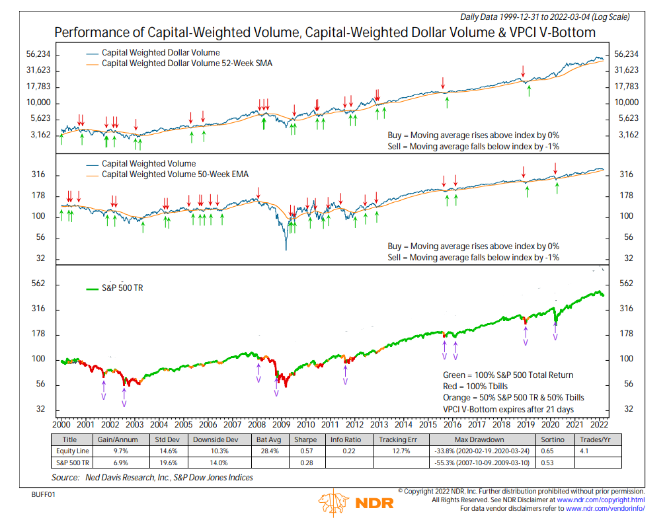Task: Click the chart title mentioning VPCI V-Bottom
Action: pos(325,32)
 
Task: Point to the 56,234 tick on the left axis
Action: pos(29,55)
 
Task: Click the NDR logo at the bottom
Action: pos(356,502)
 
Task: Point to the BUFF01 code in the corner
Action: pos(43,494)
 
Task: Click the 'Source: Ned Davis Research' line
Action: pos(152,477)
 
